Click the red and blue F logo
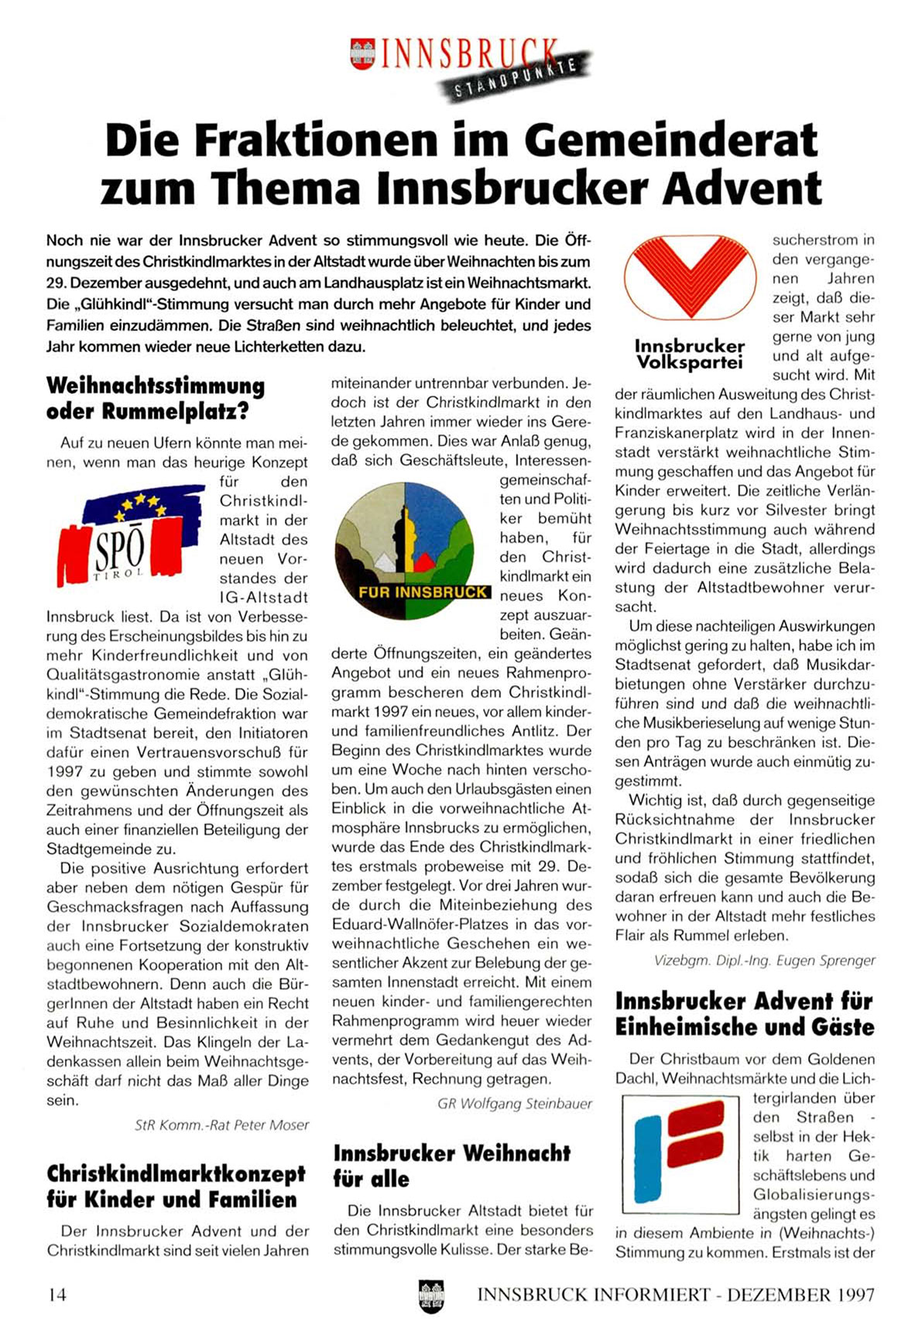[x=680, y=1153]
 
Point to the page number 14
[x=57, y=1294]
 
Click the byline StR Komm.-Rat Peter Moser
[x=221, y=1125]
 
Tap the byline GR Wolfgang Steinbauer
[x=514, y=1103]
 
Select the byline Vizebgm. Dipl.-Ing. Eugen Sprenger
[x=764, y=960]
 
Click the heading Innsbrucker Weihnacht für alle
[x=451, y=1166]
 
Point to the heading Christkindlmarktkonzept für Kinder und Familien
[x=176, y=1187]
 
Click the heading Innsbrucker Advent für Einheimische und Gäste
[x=744, y=1014]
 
